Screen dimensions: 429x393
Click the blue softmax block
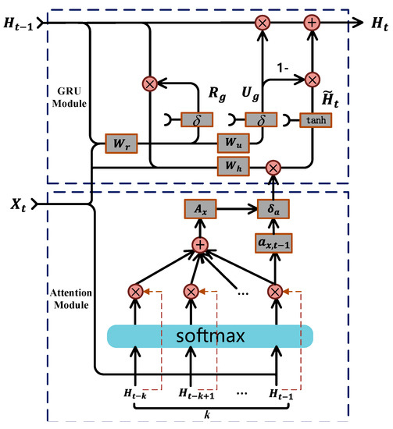[210, 336]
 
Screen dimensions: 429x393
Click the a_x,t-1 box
[273, 244]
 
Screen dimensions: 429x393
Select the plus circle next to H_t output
[312, 23]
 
